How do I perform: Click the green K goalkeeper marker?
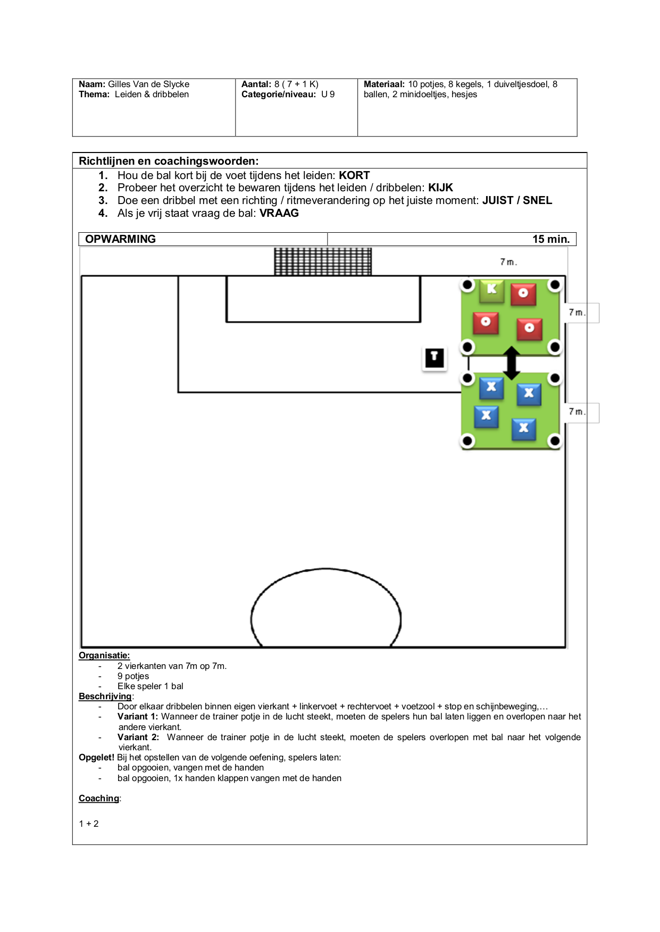[x=492, y=290]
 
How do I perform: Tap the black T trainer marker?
[x=435, y=358]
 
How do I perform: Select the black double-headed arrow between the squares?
[x=512, y=363]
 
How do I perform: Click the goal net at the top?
[x=323, y=261]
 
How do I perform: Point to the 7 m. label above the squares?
[x=508, y=262]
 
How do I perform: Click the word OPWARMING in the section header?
[x=121, y=239]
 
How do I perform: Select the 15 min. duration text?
[x=551, y=239]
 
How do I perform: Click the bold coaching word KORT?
[x=354, y=175]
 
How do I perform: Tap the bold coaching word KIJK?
[x=441, y=188]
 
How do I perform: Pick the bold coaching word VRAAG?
[x=279, y=213]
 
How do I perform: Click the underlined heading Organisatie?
[x=104, y=656]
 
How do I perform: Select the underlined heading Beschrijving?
[x=105, y=697]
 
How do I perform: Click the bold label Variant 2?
[x=138, y=737]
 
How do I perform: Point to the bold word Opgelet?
[x=97, y=757]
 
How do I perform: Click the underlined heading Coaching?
[x=99, y=798]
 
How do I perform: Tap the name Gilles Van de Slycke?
[x=149, y=84]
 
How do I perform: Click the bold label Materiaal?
[x=384, y=84]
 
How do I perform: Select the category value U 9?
[x=328, y=95]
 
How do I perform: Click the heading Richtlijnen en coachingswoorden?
[x=169, y=161]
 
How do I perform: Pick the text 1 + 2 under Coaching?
[x=89, y=824]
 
